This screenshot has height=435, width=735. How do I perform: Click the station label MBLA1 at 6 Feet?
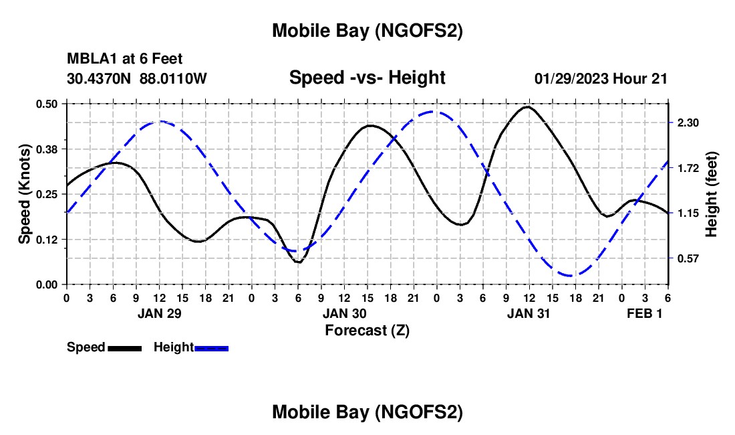(x=124, y=60)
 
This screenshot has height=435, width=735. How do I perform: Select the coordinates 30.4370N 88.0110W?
(x=137, y=78)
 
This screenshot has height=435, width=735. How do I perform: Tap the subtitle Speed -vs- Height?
(x=367, y=78)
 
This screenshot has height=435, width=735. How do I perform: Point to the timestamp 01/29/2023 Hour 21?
(x=601, y=78)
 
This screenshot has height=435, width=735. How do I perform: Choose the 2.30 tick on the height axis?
(x=688, y=123)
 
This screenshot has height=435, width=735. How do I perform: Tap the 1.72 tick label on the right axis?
(x=688, y=168)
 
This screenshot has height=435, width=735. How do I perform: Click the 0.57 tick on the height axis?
(x=688, y=258)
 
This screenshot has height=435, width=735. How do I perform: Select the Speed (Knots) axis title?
(x=25, y=194)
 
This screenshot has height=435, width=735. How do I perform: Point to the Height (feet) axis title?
(x=711, y=194)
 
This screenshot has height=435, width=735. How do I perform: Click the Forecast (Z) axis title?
(x=367, y=330)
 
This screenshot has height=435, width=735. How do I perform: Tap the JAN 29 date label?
(x=160, y=313)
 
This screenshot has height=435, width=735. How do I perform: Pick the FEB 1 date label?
(x=644, y=313)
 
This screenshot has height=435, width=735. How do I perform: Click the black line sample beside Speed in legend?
(x=124, y=348)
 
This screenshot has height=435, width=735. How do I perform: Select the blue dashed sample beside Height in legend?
(x=211, y=348)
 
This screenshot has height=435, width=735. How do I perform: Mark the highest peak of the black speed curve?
(x=528, y=106)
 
